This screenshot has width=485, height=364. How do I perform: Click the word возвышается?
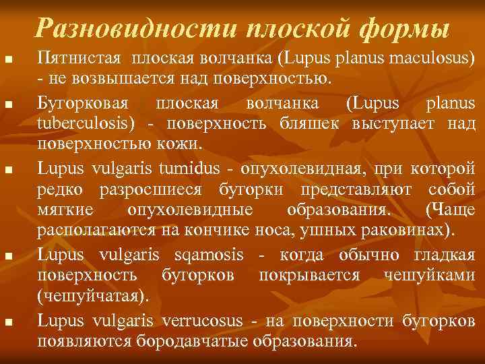click(112, 79)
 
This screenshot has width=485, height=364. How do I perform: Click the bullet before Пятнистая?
click(8, 62)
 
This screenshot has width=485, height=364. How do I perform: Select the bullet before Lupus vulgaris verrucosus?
click(8, 324)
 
